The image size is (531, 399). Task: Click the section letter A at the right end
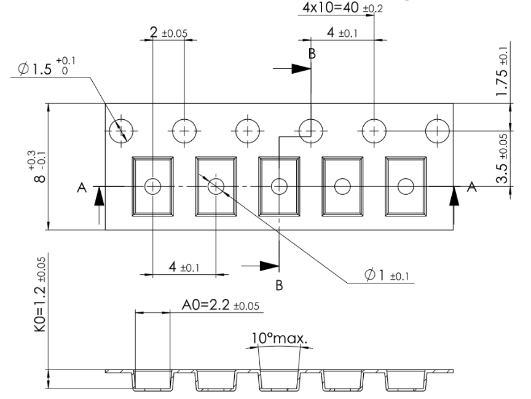coord(471,188)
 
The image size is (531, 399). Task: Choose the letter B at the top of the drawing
coord(312,53)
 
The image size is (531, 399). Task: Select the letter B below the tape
coord(280,286)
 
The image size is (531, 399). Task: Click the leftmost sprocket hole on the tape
coord(120,130)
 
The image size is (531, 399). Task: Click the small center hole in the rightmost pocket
coord(405,186)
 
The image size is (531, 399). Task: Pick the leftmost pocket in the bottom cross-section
coord(152,381)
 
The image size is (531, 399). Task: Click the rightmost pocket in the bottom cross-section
coord(405,381)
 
